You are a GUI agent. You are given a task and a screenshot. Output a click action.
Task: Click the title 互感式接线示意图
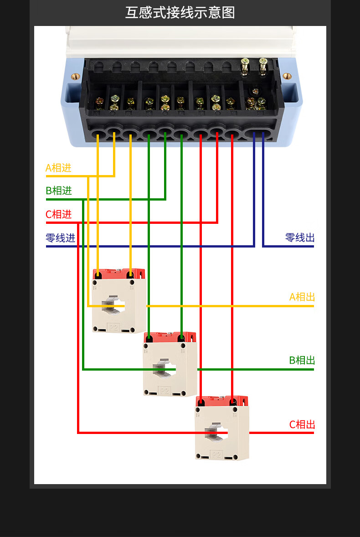180,12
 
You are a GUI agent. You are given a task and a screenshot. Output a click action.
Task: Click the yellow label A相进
58,168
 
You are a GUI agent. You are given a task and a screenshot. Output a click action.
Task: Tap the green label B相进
59,191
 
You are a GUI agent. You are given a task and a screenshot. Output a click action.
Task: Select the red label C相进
59,214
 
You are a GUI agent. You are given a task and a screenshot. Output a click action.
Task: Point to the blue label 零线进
60,238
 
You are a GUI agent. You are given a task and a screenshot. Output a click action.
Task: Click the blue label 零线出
300,238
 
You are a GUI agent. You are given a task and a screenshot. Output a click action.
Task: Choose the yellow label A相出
302,297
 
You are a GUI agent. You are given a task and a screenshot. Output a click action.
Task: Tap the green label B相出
302,361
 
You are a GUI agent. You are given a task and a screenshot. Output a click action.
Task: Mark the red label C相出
302,425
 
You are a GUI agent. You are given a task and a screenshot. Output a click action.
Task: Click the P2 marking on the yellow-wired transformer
113,327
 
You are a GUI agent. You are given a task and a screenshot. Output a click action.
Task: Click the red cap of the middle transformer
170,337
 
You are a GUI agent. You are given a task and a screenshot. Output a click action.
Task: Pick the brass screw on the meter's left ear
76,76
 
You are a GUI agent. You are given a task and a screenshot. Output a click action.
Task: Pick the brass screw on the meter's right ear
287,76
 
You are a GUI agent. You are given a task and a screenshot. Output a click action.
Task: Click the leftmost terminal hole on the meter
98,135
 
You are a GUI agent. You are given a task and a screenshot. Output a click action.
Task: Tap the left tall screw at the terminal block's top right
245,66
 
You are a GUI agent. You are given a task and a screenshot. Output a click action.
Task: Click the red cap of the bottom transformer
222,401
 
